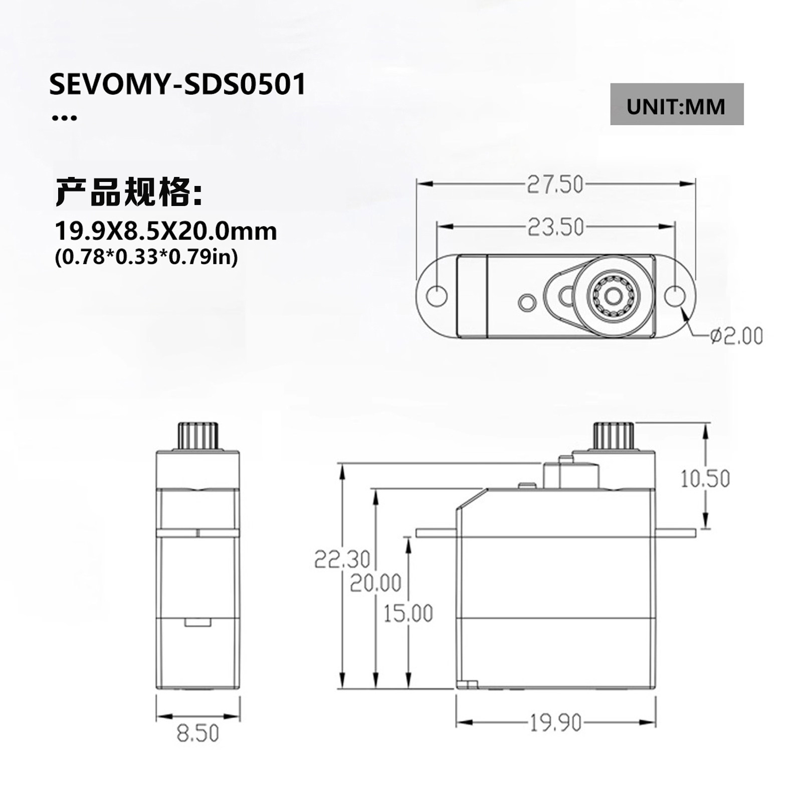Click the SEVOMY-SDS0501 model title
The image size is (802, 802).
(x=177, y=85)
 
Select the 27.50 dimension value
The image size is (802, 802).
(x=555, y=184)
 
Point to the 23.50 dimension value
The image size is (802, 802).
(x=555, y=227)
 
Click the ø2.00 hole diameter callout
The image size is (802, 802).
(x=736, y=335)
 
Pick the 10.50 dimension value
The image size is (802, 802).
(x=705, y=479)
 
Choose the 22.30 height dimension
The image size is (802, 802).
(x=342, y=559)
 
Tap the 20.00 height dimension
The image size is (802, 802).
(x=375, y=583)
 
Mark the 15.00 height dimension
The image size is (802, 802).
(x=408, y=613)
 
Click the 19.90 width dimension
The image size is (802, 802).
(x=555, y=723)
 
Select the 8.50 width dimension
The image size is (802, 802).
(x=198, y=733)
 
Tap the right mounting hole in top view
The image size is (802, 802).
(x=675, y=296)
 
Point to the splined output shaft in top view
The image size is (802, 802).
(x=613, y=297)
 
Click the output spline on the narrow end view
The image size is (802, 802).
(x=198, y=436)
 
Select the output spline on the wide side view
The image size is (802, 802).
(x=614, y=435)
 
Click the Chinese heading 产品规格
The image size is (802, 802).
(x=129, y=192)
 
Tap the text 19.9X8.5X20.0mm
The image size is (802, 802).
(x=165, y=231)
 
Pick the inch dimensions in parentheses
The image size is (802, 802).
(x=146, y=258)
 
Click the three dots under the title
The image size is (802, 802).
(x=65, y=118)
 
